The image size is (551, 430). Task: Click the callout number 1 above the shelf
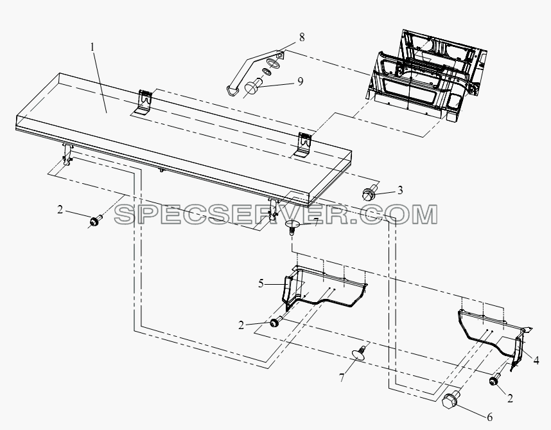92,47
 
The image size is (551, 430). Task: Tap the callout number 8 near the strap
302,37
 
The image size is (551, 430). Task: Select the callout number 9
300,81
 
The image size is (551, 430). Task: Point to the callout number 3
400,190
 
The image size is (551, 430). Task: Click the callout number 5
261,283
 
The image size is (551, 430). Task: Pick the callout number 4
536,361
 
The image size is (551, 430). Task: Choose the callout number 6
489,417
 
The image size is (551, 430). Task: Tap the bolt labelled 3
370,192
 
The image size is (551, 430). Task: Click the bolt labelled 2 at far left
96,221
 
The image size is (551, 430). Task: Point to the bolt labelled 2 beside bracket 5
277,321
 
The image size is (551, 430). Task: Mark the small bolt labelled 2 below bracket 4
495,380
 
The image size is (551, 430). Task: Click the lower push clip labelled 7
359,352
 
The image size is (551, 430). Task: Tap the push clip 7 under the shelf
292,226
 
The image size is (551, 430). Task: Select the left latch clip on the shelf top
143,102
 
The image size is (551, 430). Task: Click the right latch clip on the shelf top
303,145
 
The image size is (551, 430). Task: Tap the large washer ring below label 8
274,64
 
